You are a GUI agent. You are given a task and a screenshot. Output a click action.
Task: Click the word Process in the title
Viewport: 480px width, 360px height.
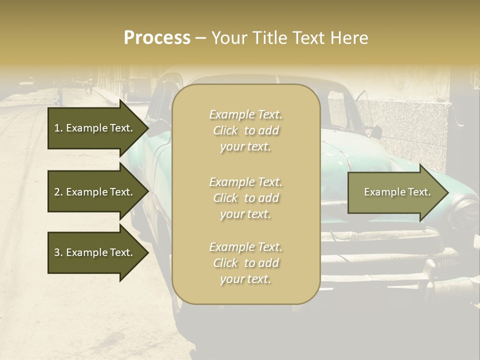(x=157, y=38)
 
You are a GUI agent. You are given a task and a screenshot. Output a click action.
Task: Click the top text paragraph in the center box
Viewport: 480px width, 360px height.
(x=245, y=130)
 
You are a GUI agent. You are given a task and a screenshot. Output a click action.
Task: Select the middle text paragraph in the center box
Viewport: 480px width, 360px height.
(x=245, y=198)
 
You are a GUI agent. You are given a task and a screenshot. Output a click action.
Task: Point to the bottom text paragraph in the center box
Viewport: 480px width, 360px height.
(x=245, y=263)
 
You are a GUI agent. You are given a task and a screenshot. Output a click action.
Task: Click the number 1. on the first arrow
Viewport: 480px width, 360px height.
(x=58, y=128)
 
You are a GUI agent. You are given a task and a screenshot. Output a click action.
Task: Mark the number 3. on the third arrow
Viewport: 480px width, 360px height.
(x=58, y=252)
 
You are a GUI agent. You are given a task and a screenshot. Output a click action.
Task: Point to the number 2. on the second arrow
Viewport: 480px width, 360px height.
(x=58, y=192)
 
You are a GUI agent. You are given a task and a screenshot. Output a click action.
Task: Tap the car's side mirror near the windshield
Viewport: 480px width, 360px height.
(x=375, y=132)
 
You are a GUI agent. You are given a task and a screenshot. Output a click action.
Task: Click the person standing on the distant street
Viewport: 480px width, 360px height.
(x=60, y=94)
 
